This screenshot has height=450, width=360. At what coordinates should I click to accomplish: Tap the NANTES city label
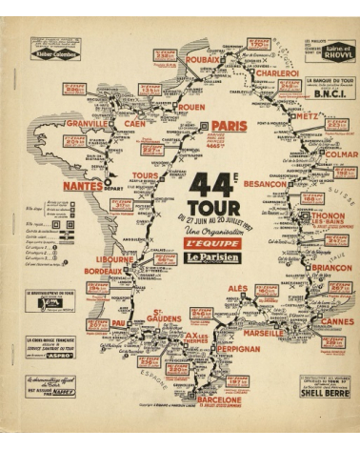[x=83, y=186]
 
